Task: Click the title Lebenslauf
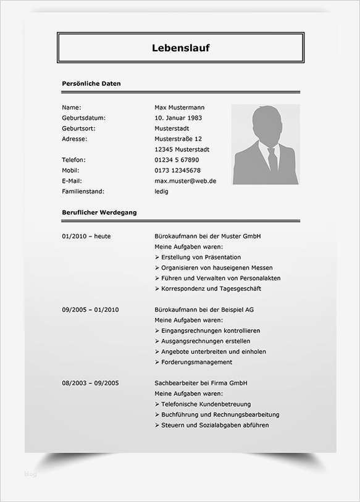pos(180,48)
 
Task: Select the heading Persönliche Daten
pos(91,83)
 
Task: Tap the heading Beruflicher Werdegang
pos(99,212)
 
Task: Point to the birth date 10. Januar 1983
pos(178,118)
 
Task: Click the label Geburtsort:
pos(78,128)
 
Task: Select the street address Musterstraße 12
pos(178,139)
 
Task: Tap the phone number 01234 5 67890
pos(177,160)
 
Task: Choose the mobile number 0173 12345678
pos(177,170)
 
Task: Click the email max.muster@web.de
pos(185,181)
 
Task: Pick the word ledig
pos(161,191)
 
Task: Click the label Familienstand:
pos(83,191)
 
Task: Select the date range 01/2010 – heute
pos(86,236)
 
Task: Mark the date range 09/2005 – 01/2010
pos(90,309)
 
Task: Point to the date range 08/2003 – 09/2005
pos(90,383)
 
